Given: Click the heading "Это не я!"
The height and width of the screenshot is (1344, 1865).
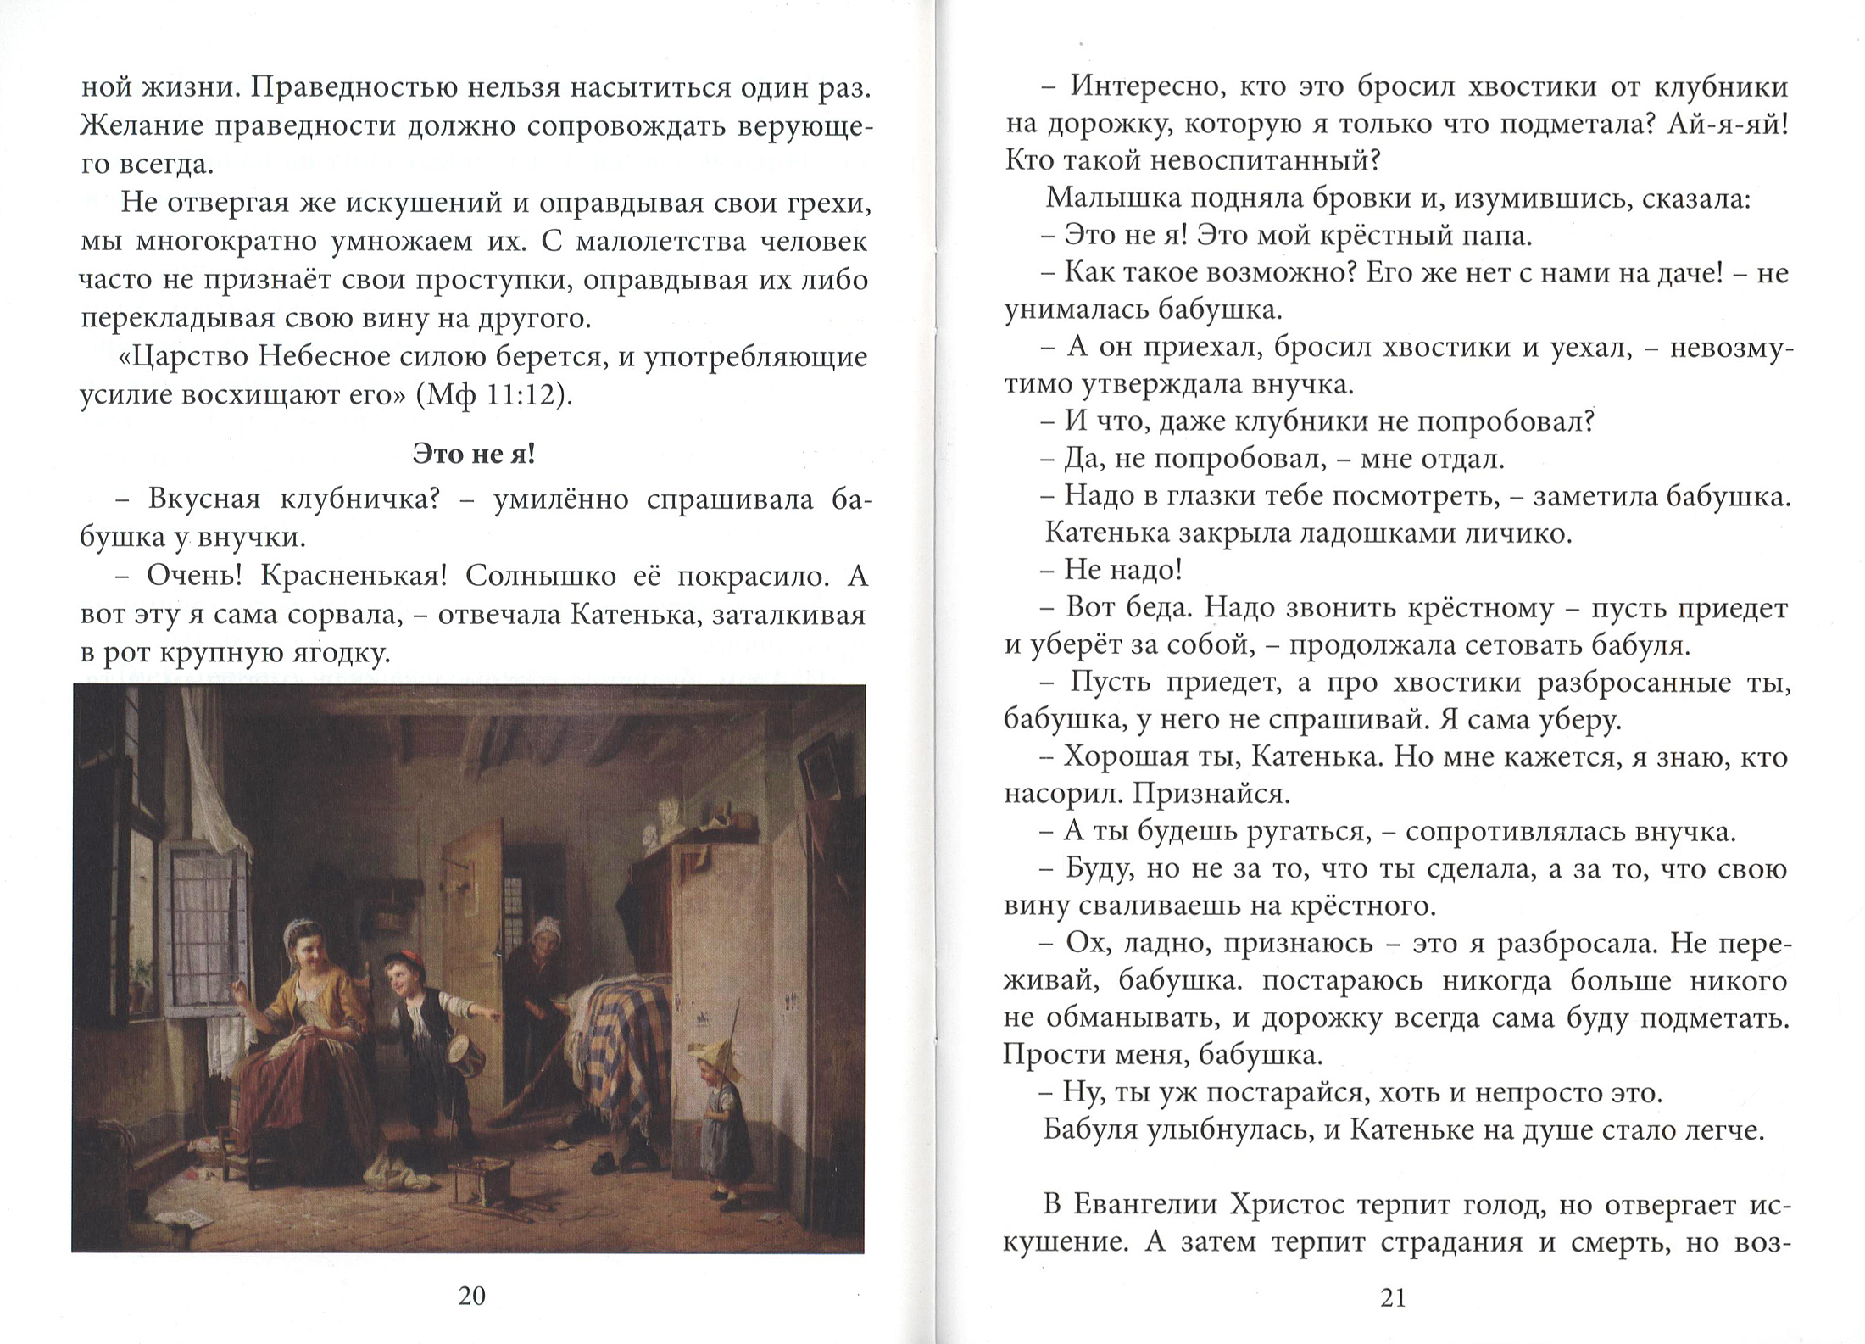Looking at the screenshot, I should [473, 455].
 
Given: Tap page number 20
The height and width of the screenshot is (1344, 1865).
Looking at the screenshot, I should [471, 1295].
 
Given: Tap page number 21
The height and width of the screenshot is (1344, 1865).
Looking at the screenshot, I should [1394, 1297].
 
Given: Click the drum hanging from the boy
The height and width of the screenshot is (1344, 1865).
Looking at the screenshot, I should [461, 1057].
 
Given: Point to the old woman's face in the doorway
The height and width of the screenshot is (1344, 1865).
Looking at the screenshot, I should [543, 937].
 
